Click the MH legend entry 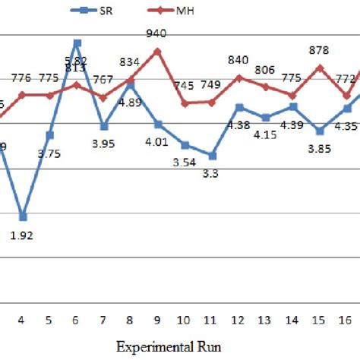tap(163, 10)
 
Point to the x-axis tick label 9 tap(157, 321)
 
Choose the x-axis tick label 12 tap(238, 321)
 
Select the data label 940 tap(157, 33)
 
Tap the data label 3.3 tap(212, 173)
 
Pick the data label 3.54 tap(185, 163)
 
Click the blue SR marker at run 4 tap(23, 216)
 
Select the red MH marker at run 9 tap(157, 51)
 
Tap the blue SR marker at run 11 tap(212, 156)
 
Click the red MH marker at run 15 tap(319, 67)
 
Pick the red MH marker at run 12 tap(238, 77)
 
